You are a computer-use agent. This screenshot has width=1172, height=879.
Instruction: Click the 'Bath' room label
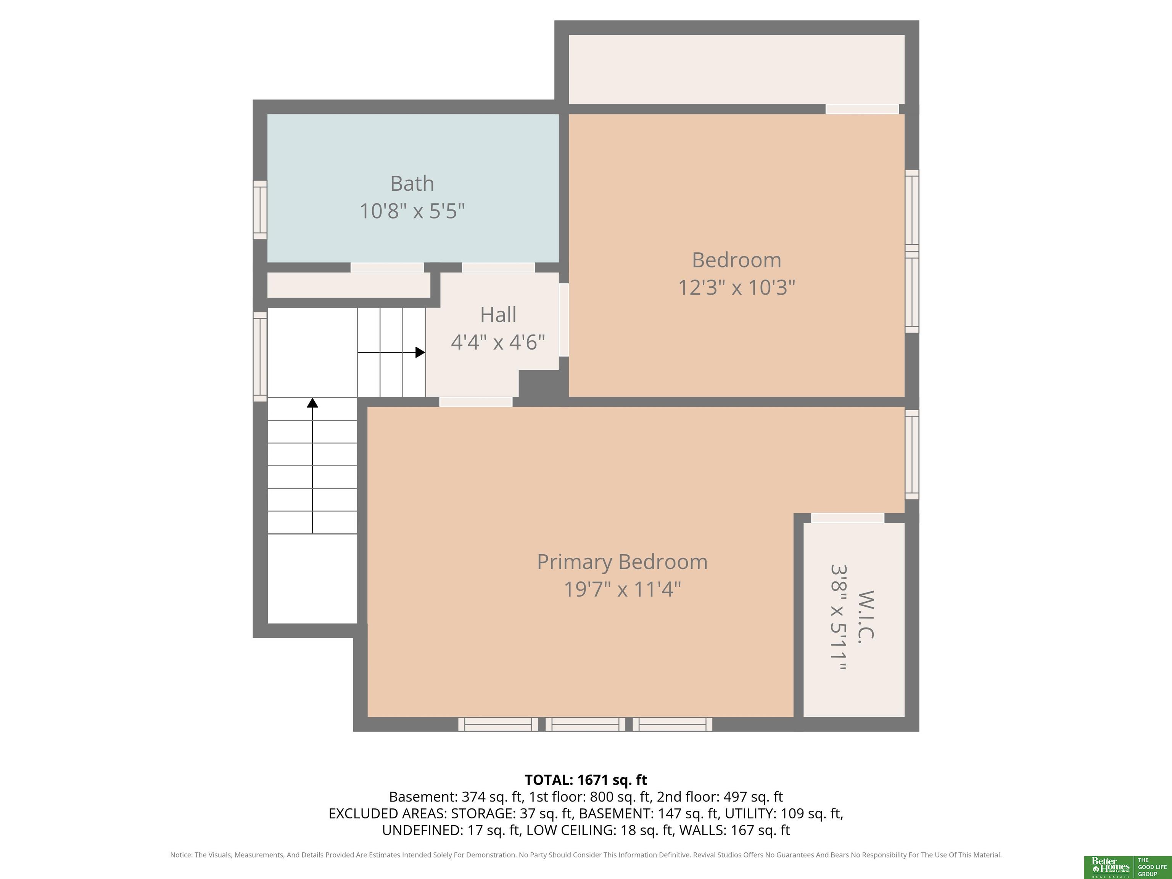coord(412,184)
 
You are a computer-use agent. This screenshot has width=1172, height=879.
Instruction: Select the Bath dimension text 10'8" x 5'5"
coord(412,211)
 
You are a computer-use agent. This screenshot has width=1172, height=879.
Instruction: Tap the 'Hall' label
coord(497,315)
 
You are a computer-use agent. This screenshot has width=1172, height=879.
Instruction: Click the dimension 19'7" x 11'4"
coord(622,589)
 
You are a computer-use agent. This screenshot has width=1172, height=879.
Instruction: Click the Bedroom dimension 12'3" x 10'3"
coord(736,287)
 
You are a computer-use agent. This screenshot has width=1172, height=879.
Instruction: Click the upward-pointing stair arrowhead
coord(312,402)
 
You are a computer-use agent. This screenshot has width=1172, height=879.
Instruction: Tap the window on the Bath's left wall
coord(260,210)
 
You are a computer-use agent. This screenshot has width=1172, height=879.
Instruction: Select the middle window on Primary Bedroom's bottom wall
coord(586,724)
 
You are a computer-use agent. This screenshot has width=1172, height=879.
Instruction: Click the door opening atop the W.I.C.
coord(848,518)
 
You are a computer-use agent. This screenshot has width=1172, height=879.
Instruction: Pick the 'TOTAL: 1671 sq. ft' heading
coord(586,780)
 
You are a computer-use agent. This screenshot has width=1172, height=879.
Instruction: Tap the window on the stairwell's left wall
coord(260,357)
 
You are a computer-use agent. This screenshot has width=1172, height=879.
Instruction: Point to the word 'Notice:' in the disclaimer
coord(181,855)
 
